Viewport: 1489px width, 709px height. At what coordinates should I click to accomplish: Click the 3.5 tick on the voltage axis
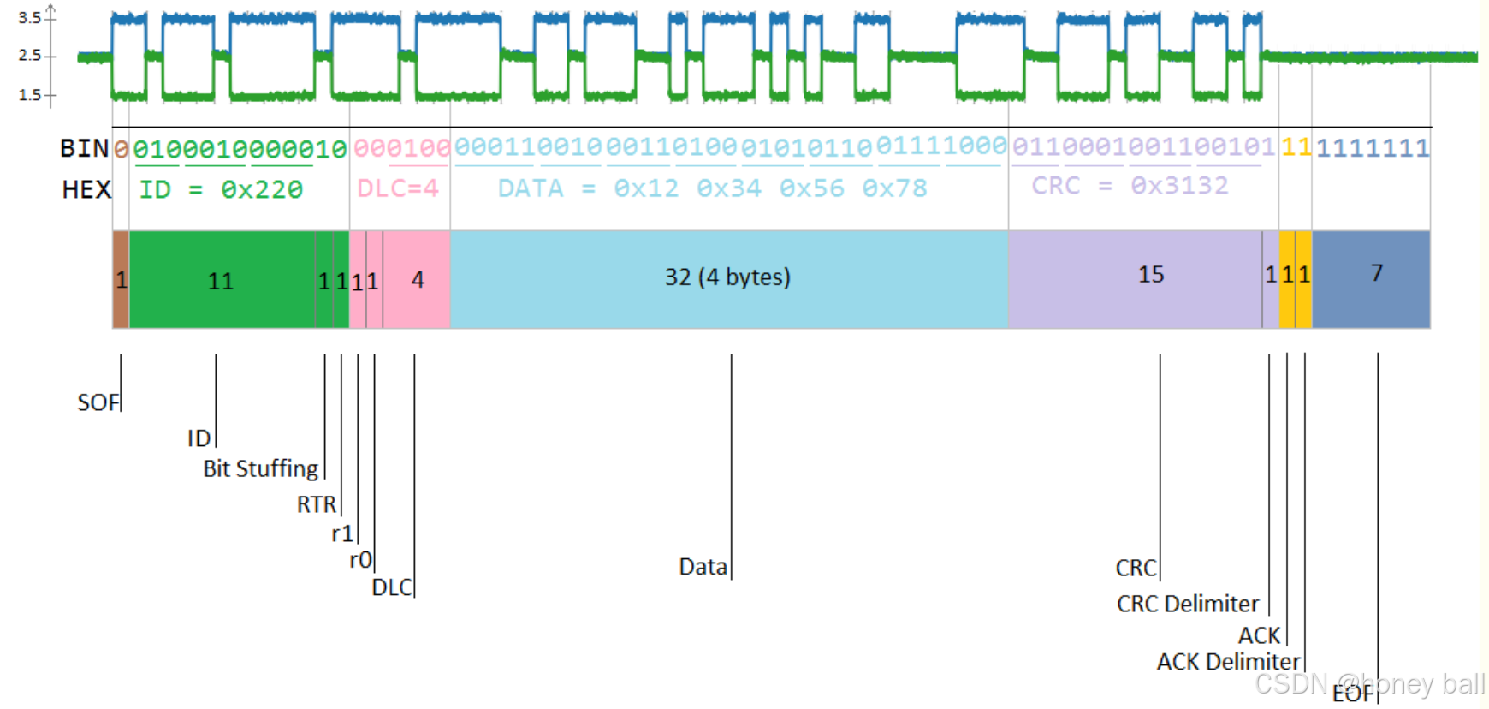coord(30,17)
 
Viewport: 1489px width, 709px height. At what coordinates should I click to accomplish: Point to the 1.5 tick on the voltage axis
coord(30,94)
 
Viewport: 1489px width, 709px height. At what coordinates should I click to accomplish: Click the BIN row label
coord(84,149)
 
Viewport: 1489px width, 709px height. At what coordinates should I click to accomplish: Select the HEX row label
coord(86,189)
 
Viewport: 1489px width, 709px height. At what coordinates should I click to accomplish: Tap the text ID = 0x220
coord(221,189)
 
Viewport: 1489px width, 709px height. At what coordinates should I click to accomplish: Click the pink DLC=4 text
coord(398,188)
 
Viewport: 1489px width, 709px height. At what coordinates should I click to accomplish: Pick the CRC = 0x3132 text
coord(1130,186)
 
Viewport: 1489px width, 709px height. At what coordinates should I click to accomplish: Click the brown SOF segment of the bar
coord(121,280)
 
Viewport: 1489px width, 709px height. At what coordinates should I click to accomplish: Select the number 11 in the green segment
coord(221,281)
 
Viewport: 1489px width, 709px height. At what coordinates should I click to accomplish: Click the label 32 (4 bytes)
coord(727,277)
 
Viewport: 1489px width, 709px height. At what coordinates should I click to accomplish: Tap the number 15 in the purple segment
coord(1151,275)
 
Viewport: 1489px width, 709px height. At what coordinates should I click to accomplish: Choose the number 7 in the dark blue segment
coord(1376,273)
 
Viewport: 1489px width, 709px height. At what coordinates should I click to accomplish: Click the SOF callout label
coord(98,402)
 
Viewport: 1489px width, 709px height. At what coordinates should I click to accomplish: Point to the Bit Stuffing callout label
coord(260,469)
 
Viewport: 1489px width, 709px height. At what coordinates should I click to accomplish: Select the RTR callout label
coord(316,505)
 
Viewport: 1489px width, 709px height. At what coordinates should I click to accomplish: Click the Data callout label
coord(703,567)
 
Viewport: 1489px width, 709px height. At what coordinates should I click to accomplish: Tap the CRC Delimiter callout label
coord(1187,605)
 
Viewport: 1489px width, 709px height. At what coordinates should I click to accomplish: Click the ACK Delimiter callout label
coord(1228,662)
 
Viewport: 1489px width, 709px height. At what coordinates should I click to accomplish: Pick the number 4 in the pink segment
coord(418,280)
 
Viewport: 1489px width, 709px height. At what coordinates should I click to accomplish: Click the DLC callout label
coord(391,588)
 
